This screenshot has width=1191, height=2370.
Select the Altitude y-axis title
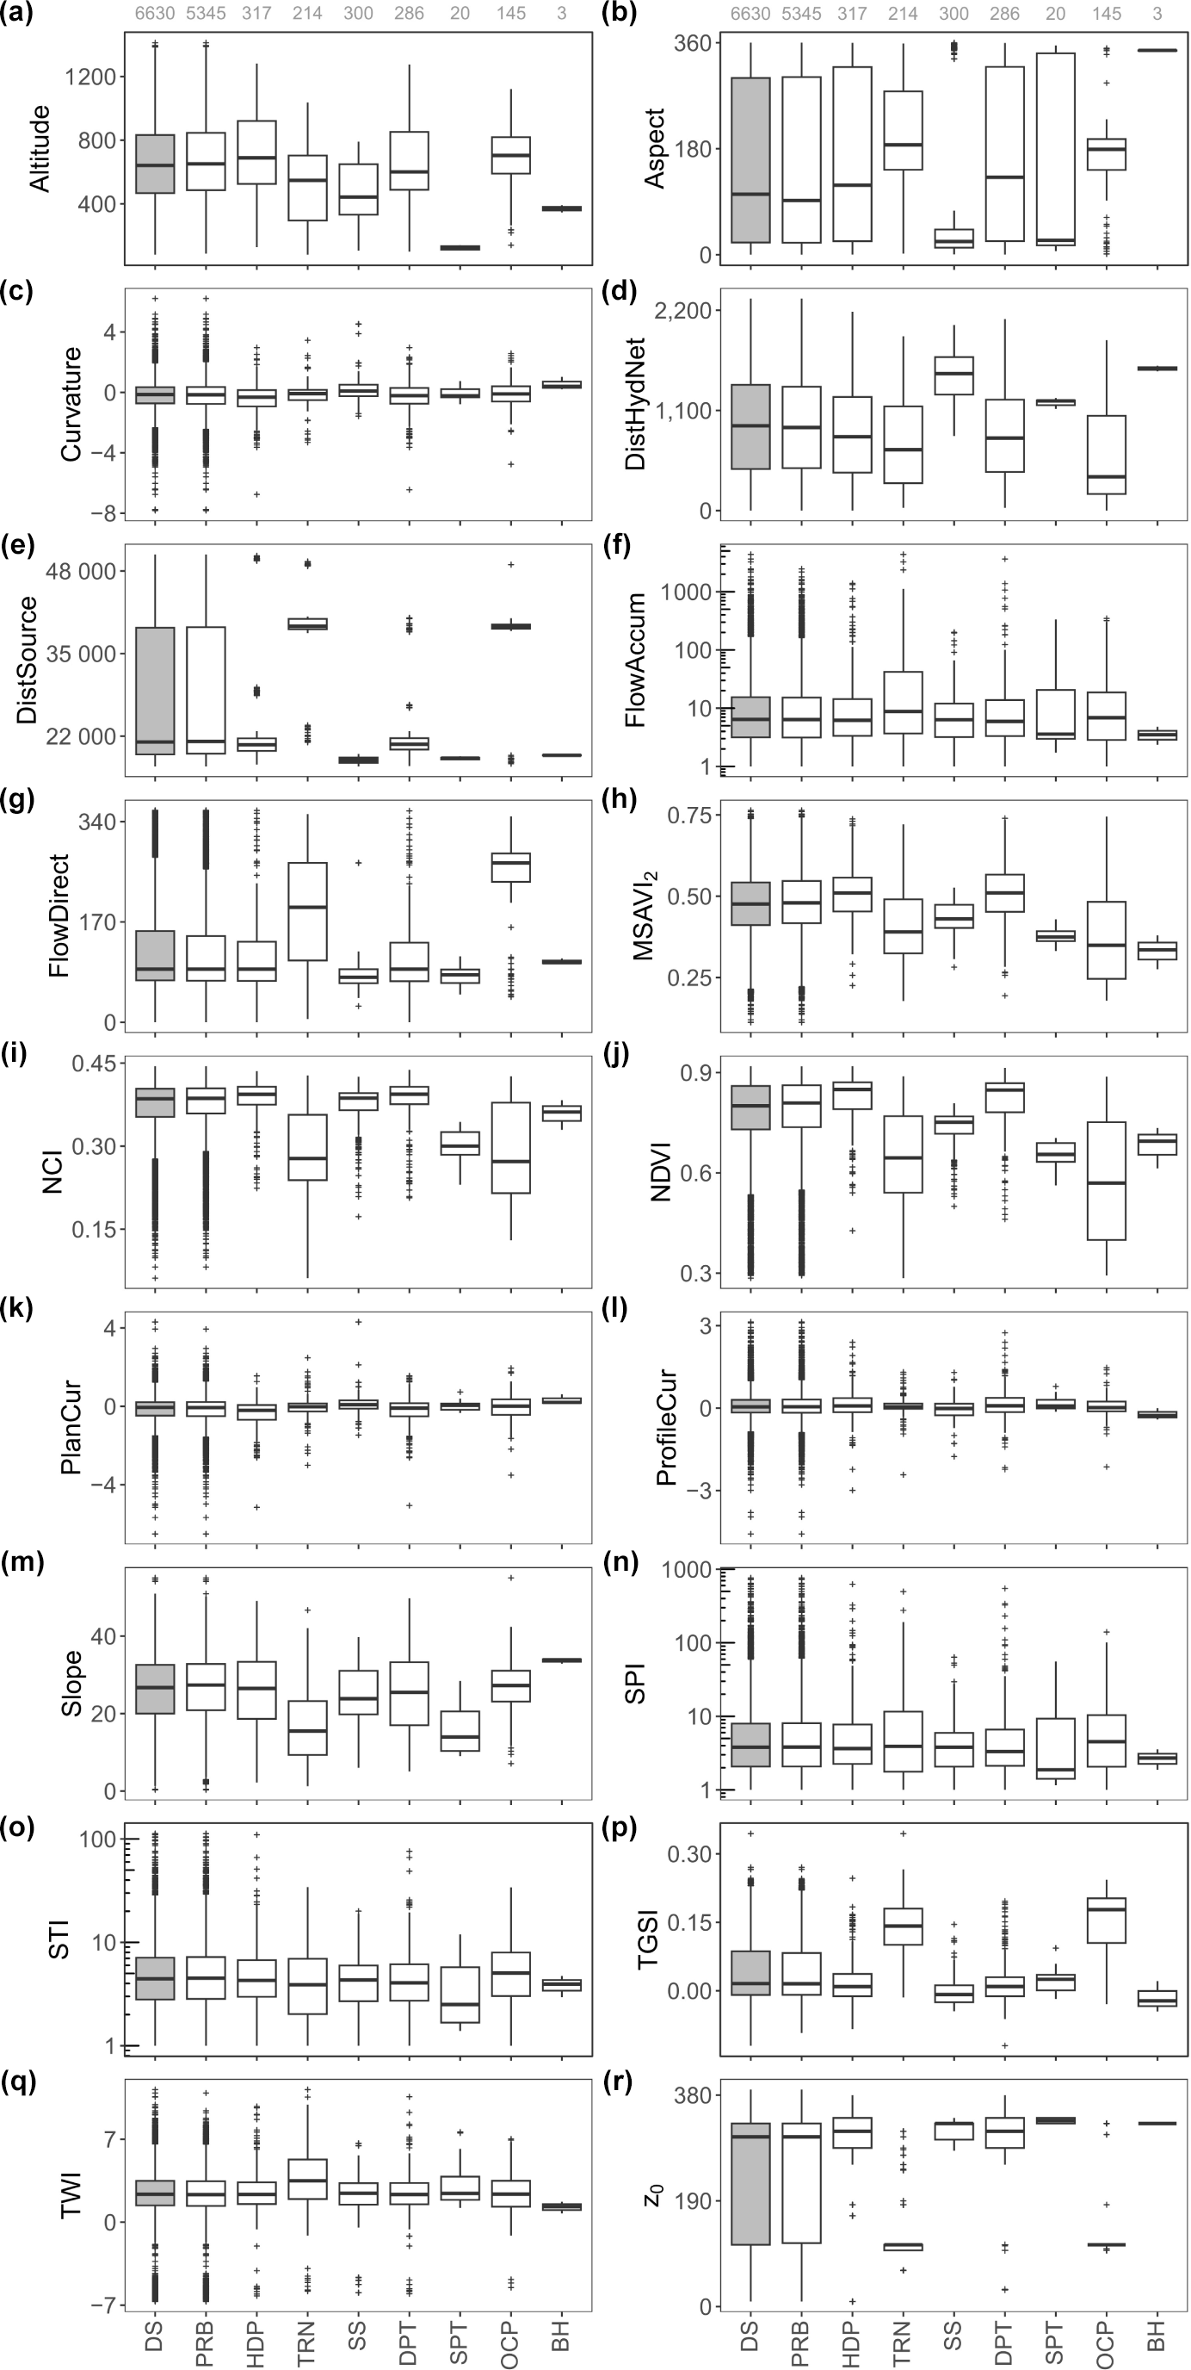pyautogui.click(x=40, y=148)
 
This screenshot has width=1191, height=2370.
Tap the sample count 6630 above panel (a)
pyautogui.click(x=155, y=14)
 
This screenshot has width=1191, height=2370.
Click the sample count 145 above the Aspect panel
pyautogui.click(x=1107, y=14)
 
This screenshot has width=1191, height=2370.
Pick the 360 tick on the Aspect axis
pyautogui.click(x=693, y=43)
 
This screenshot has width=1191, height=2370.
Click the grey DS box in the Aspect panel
pyautogui.click(x=750, y=160)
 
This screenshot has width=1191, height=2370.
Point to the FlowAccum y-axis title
pyautogui.click(x=635, y=659)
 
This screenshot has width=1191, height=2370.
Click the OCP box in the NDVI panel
pyautogui.click(x=1107, y=1181)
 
